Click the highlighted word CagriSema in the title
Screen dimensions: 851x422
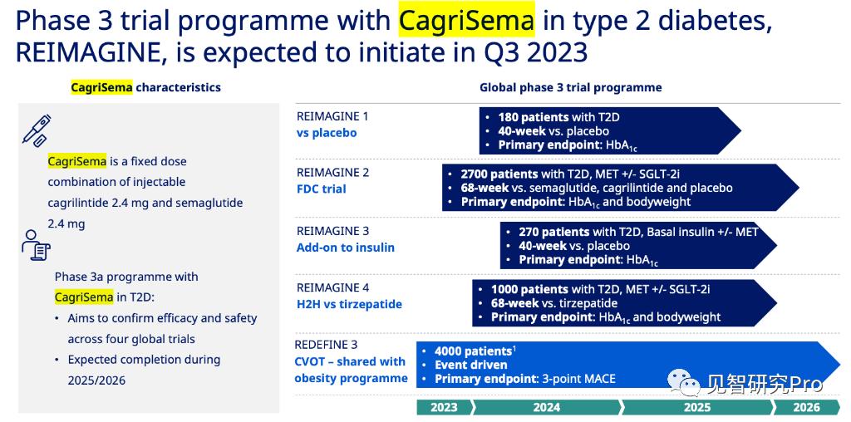click(466, 20)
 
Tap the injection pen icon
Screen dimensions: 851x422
click(37, 130)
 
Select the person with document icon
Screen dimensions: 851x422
click(36, 245)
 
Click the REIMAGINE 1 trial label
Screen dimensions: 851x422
click(332, 116)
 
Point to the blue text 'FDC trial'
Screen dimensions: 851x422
click(322, 189)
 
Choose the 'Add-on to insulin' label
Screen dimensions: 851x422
click(345, 248)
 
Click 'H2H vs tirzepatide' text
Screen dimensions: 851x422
click(349, 304)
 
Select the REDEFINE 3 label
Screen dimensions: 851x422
click(326, 345)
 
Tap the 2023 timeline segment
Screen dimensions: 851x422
click(445, 407)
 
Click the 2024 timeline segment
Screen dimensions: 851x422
click(547, 407)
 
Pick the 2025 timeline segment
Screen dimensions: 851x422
click(697, 407)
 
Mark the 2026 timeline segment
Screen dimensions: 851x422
click(805, 407)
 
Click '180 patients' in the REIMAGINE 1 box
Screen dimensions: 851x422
click(533, 117)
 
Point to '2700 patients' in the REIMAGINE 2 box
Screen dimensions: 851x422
click(499, 174)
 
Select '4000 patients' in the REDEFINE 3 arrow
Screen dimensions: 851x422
click(473, 351)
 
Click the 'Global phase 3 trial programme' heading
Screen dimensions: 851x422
click(570, 87)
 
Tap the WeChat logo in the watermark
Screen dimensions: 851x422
click(683, 383)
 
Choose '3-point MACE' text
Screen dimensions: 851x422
click(578, 379)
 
